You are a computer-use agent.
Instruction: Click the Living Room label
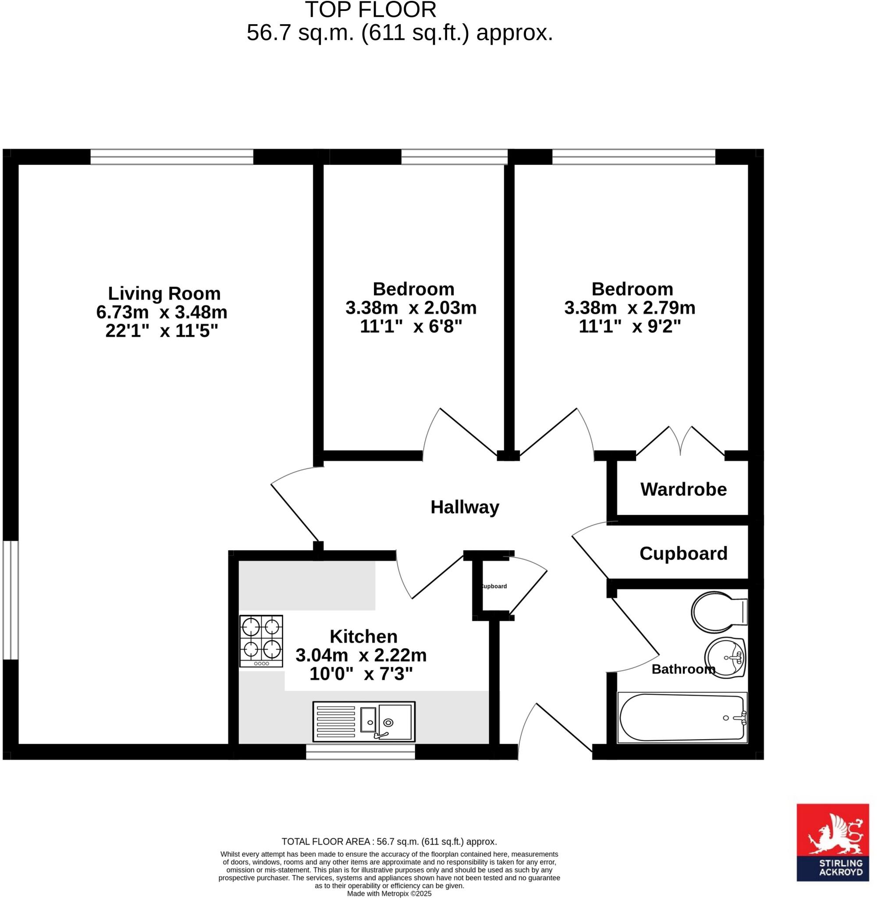pyautogui.click(x=164, y=293)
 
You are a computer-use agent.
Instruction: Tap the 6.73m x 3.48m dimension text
pyautogui.click(x=161, y=312)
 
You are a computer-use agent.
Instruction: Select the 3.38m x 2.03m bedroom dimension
pyautogui.click(x=411, y=308)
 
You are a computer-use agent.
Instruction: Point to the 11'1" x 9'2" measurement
pyautogui.click(x=629, y=327)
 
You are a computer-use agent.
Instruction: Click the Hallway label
pyautogui.click(x=465, y=507)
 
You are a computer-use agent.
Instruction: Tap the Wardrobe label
pyautogui.click(x=683, y=489)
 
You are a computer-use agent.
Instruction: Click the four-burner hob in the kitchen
pyautogui.click(x=261, y=641)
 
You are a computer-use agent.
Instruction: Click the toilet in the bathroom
pyautogui.click(x=717, y=612)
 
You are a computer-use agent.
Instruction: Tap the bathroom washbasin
pyautogui.click(x=725, y=658)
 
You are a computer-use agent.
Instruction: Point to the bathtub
pyautogui.click(x=682, y=718)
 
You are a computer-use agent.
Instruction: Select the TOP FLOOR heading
pyautogui.click(x=370, y=10)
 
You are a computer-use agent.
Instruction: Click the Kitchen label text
pyautogui.click(x=363, y=637)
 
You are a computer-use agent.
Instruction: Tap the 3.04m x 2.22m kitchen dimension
pyautogui.click(x=361, y=655)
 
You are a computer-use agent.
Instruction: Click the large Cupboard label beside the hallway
pyautogui.click(x=683, y=553)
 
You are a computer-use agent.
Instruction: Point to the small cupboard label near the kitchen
pyautogui.click(x=494, y=586)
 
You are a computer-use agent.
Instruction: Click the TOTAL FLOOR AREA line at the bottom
pyautogui.click(x=389, y=842)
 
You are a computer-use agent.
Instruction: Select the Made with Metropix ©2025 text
pyautogui.click(x=389, y=893)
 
